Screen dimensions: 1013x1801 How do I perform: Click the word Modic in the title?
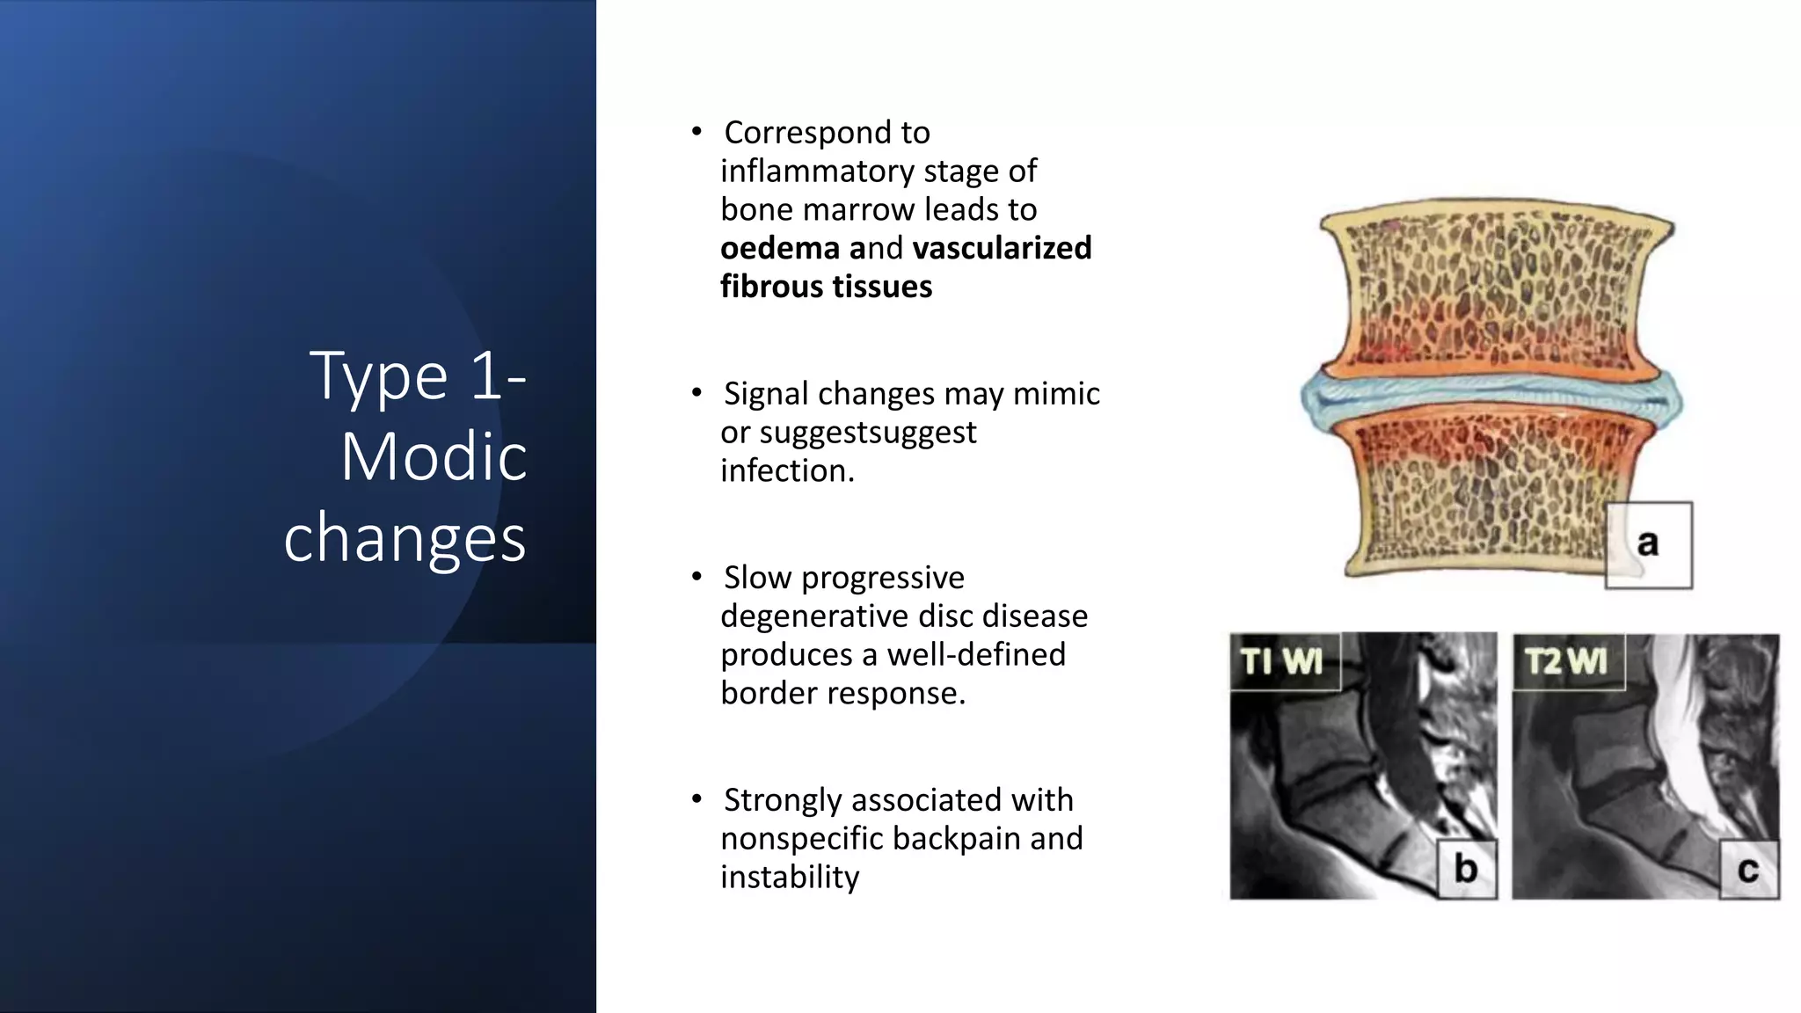(x=434, y=457)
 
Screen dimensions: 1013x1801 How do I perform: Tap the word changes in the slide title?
(x=405, y=538)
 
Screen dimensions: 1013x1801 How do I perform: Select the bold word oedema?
(x=780, y=248)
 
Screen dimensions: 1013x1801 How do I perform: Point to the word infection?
(x=787, y=471)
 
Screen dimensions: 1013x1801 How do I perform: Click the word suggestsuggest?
(x=868, y=433)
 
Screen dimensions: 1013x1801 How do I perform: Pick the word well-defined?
(x=976, y=654)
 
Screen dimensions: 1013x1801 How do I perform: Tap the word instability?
(x=790, y=877)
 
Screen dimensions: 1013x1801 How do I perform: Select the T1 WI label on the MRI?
(x=1282, y=661)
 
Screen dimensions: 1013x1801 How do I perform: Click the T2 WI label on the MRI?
(x=1566, y=661)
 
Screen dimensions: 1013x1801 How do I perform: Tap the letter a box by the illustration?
(x=1648, y=544)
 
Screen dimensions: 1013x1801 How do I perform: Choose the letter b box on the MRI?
(x=1466, y=869)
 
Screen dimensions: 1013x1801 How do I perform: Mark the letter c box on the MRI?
(x=1748, y=870)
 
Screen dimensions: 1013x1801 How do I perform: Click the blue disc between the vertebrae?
(x=1491, y=399)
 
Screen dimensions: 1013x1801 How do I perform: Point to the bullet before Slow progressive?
(x=696, y=577)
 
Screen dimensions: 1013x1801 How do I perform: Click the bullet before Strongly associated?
(x=696, y=799)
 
